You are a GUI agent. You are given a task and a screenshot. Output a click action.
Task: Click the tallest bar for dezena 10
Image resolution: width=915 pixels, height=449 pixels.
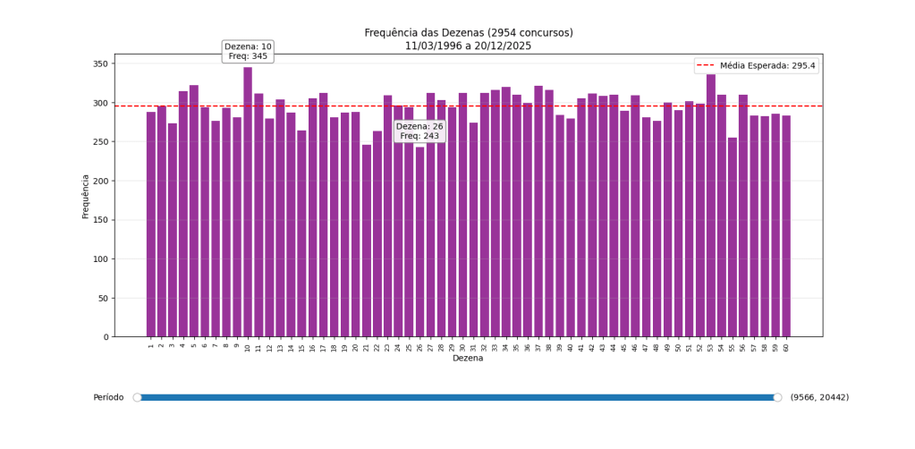pos(248,202)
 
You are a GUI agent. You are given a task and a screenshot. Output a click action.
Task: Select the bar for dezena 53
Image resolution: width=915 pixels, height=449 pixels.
pos(710,206)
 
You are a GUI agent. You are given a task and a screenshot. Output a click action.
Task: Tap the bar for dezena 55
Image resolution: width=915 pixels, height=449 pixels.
pos(732,237)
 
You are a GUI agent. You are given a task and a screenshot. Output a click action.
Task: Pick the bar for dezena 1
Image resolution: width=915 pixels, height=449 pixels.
pos(151,224)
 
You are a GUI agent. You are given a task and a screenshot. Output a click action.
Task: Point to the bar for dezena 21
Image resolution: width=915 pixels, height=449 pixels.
pos(366,241)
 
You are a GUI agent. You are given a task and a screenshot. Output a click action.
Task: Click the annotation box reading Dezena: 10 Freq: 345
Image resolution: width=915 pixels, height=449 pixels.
pos(248,51)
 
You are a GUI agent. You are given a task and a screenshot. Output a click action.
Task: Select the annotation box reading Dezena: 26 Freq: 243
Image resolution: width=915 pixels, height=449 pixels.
pos(419,131)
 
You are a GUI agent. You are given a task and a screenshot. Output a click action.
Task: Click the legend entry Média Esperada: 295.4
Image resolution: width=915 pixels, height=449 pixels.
pos(757,66)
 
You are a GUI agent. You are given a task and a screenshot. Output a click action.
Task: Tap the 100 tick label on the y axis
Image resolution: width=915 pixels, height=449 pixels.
pos(99,259)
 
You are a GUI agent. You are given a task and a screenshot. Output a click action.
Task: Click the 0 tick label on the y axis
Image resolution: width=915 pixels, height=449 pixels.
pos(106,337)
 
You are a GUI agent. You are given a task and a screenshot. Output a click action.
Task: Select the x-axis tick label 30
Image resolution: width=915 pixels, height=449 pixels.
pos(463,347)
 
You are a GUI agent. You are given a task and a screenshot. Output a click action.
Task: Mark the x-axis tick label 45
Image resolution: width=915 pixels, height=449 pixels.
pos(624,347)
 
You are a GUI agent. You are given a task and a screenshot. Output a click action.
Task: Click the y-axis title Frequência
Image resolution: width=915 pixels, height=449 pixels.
pos(86,196)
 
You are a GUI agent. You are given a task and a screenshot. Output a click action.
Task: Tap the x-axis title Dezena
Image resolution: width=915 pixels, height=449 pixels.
pos(468,359)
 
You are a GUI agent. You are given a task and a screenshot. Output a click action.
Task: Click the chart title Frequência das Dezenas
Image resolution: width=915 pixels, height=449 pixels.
pos(468,33)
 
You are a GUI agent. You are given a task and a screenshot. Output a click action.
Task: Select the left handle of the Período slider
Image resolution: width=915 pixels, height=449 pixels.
pos(138,397)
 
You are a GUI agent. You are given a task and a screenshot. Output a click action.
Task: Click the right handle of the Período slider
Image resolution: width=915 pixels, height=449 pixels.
pos(777,397)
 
